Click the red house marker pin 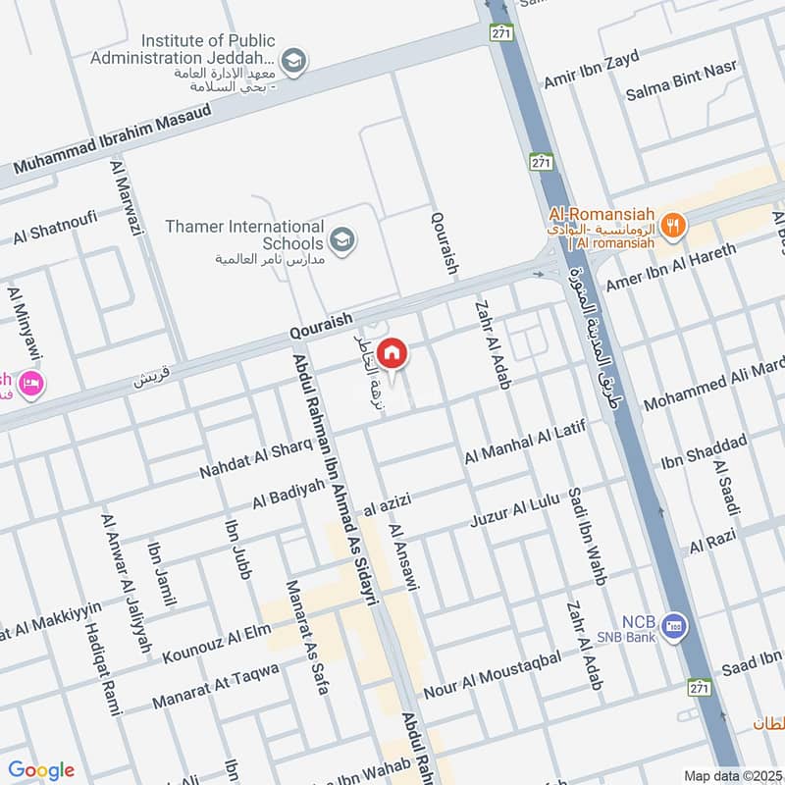(x=392, y=352)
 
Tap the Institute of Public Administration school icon (x=293, y=62)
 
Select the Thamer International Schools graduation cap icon (x=341, y=239)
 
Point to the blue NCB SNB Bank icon (x=673, y=625)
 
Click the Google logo (x=40, y=770)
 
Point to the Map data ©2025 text (x=733, y=775)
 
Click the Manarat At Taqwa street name (x=216, y=686)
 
